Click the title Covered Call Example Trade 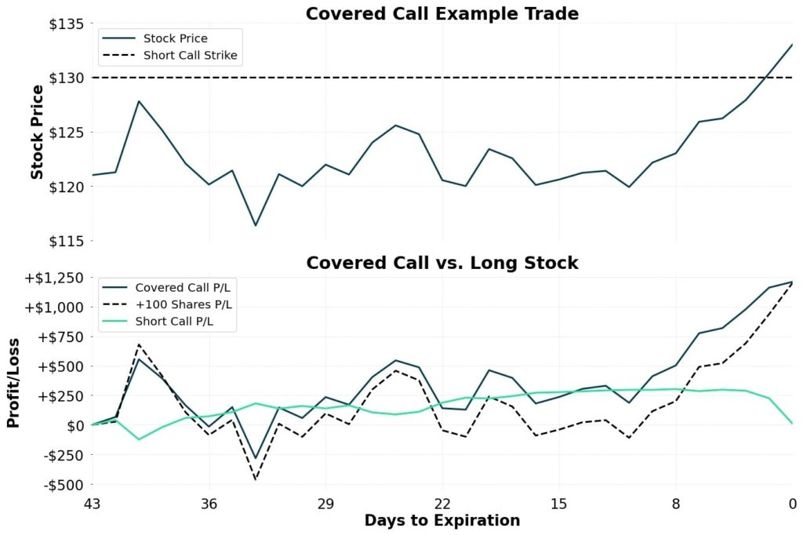442,13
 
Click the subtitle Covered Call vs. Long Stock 442,263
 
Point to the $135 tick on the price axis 65,24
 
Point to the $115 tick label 65,241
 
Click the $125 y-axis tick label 65,132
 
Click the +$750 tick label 60,337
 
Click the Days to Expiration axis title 442,521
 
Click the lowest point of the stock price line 256,225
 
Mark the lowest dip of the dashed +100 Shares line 256,479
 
